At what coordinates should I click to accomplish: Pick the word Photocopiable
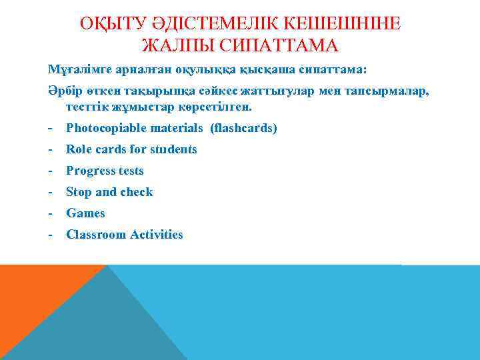tap(101, 128)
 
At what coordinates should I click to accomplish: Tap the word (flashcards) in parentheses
tap(243, 128)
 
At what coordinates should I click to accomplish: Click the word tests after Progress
tap(131, 171)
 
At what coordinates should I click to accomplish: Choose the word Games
tap(85, 213)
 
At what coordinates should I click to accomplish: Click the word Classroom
tap(96, 235)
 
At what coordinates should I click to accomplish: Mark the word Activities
tap(156, 235)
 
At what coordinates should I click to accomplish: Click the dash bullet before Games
tap(51, 213)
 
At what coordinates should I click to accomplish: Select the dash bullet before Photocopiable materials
tap(51, 128)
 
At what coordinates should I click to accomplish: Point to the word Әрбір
tap(64, 91)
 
